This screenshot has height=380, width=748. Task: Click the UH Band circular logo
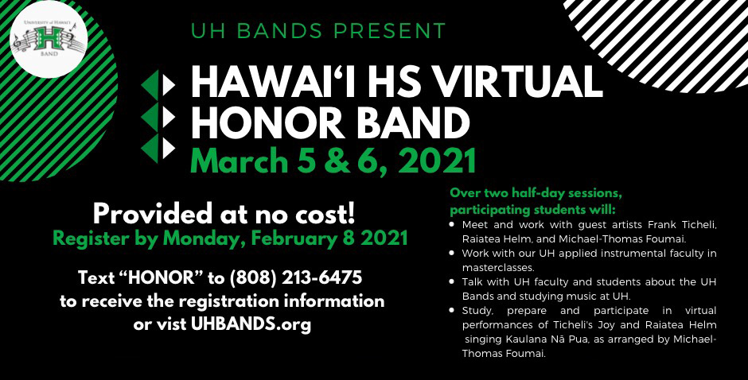(49, 39)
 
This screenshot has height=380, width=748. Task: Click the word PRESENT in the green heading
(389, 31)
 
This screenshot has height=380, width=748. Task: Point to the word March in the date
(239, 161)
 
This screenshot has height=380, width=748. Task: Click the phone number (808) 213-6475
(296, 277)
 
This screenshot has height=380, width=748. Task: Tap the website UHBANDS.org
(251, 324)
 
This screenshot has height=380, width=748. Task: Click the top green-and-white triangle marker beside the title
(158, 85)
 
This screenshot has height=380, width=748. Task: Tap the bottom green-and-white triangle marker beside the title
(158, 149)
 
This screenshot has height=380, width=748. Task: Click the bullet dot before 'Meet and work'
(452, 223)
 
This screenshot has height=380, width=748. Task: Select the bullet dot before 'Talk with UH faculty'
(452, 281)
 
